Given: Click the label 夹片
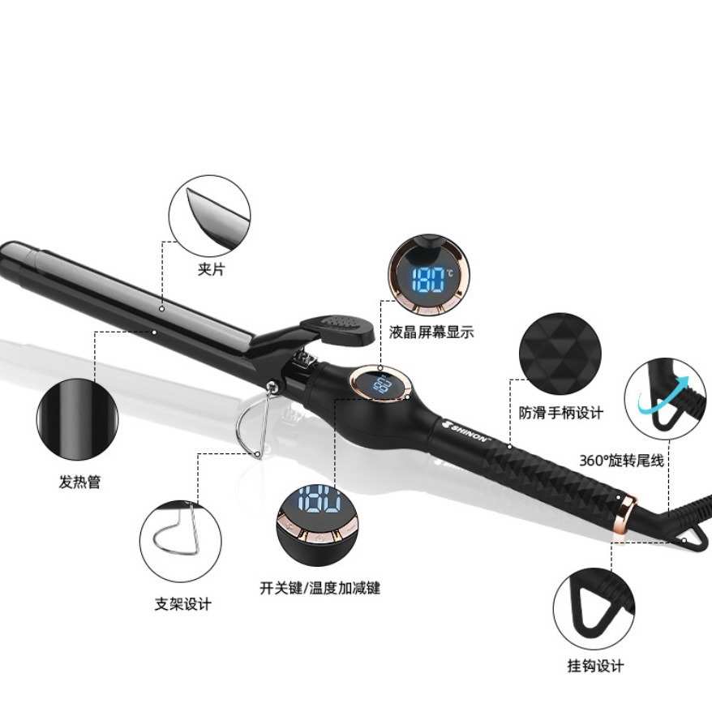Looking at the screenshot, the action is click(211, 269).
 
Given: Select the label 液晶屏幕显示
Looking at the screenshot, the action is click(431, 332).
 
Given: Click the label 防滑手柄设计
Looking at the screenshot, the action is click(561, 413).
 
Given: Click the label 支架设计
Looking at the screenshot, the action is click(182, 604).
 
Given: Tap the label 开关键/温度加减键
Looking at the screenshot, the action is click(320, 588).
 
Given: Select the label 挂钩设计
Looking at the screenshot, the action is click(595, 667).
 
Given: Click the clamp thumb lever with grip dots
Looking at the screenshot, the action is click(338, 328).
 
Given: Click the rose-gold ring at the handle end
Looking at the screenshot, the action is click(627, 508).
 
